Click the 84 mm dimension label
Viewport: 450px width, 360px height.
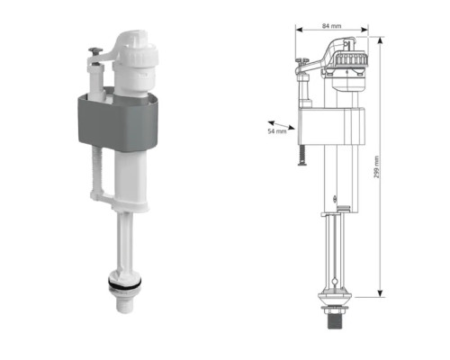pyautogui.click(x=331, y=26)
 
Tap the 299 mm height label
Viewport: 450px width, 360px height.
pyautogui.click(x=376, y=166)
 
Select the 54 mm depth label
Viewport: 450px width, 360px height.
pyautogui.click(x=277, y=131)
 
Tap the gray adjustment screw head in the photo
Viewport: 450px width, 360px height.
pyautogui.click(x=95, y=50)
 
